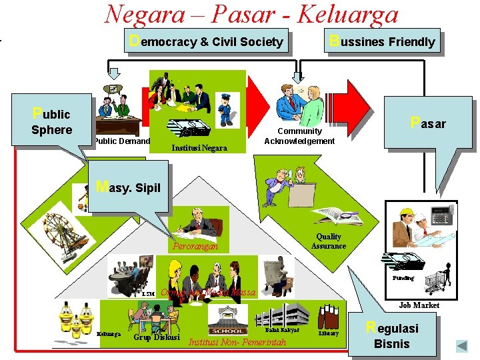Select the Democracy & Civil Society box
[207, 41]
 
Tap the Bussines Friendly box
[383, 41]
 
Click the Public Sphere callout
[52, 121]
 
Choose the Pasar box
[428, 123]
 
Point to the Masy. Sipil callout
[129, 187]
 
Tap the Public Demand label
[121, 141]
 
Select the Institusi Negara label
[199, 147]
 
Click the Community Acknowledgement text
[299, 136]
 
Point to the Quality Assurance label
[329, 241]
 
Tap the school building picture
[227, 320]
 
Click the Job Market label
[419, 305]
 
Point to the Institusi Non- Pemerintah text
[238, 343]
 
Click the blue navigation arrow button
[461, 346]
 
